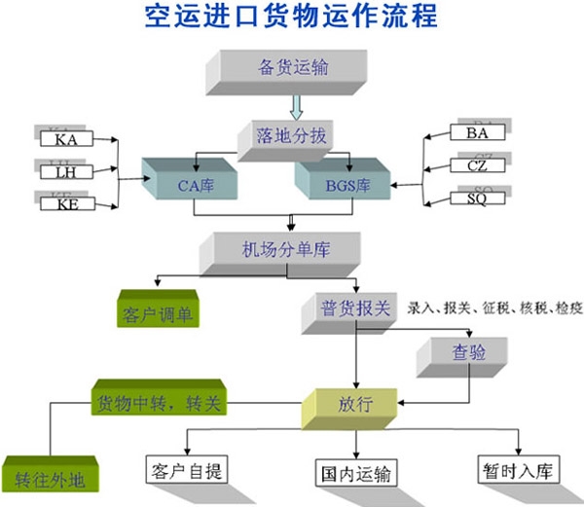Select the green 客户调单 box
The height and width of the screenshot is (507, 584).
[157, 314]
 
